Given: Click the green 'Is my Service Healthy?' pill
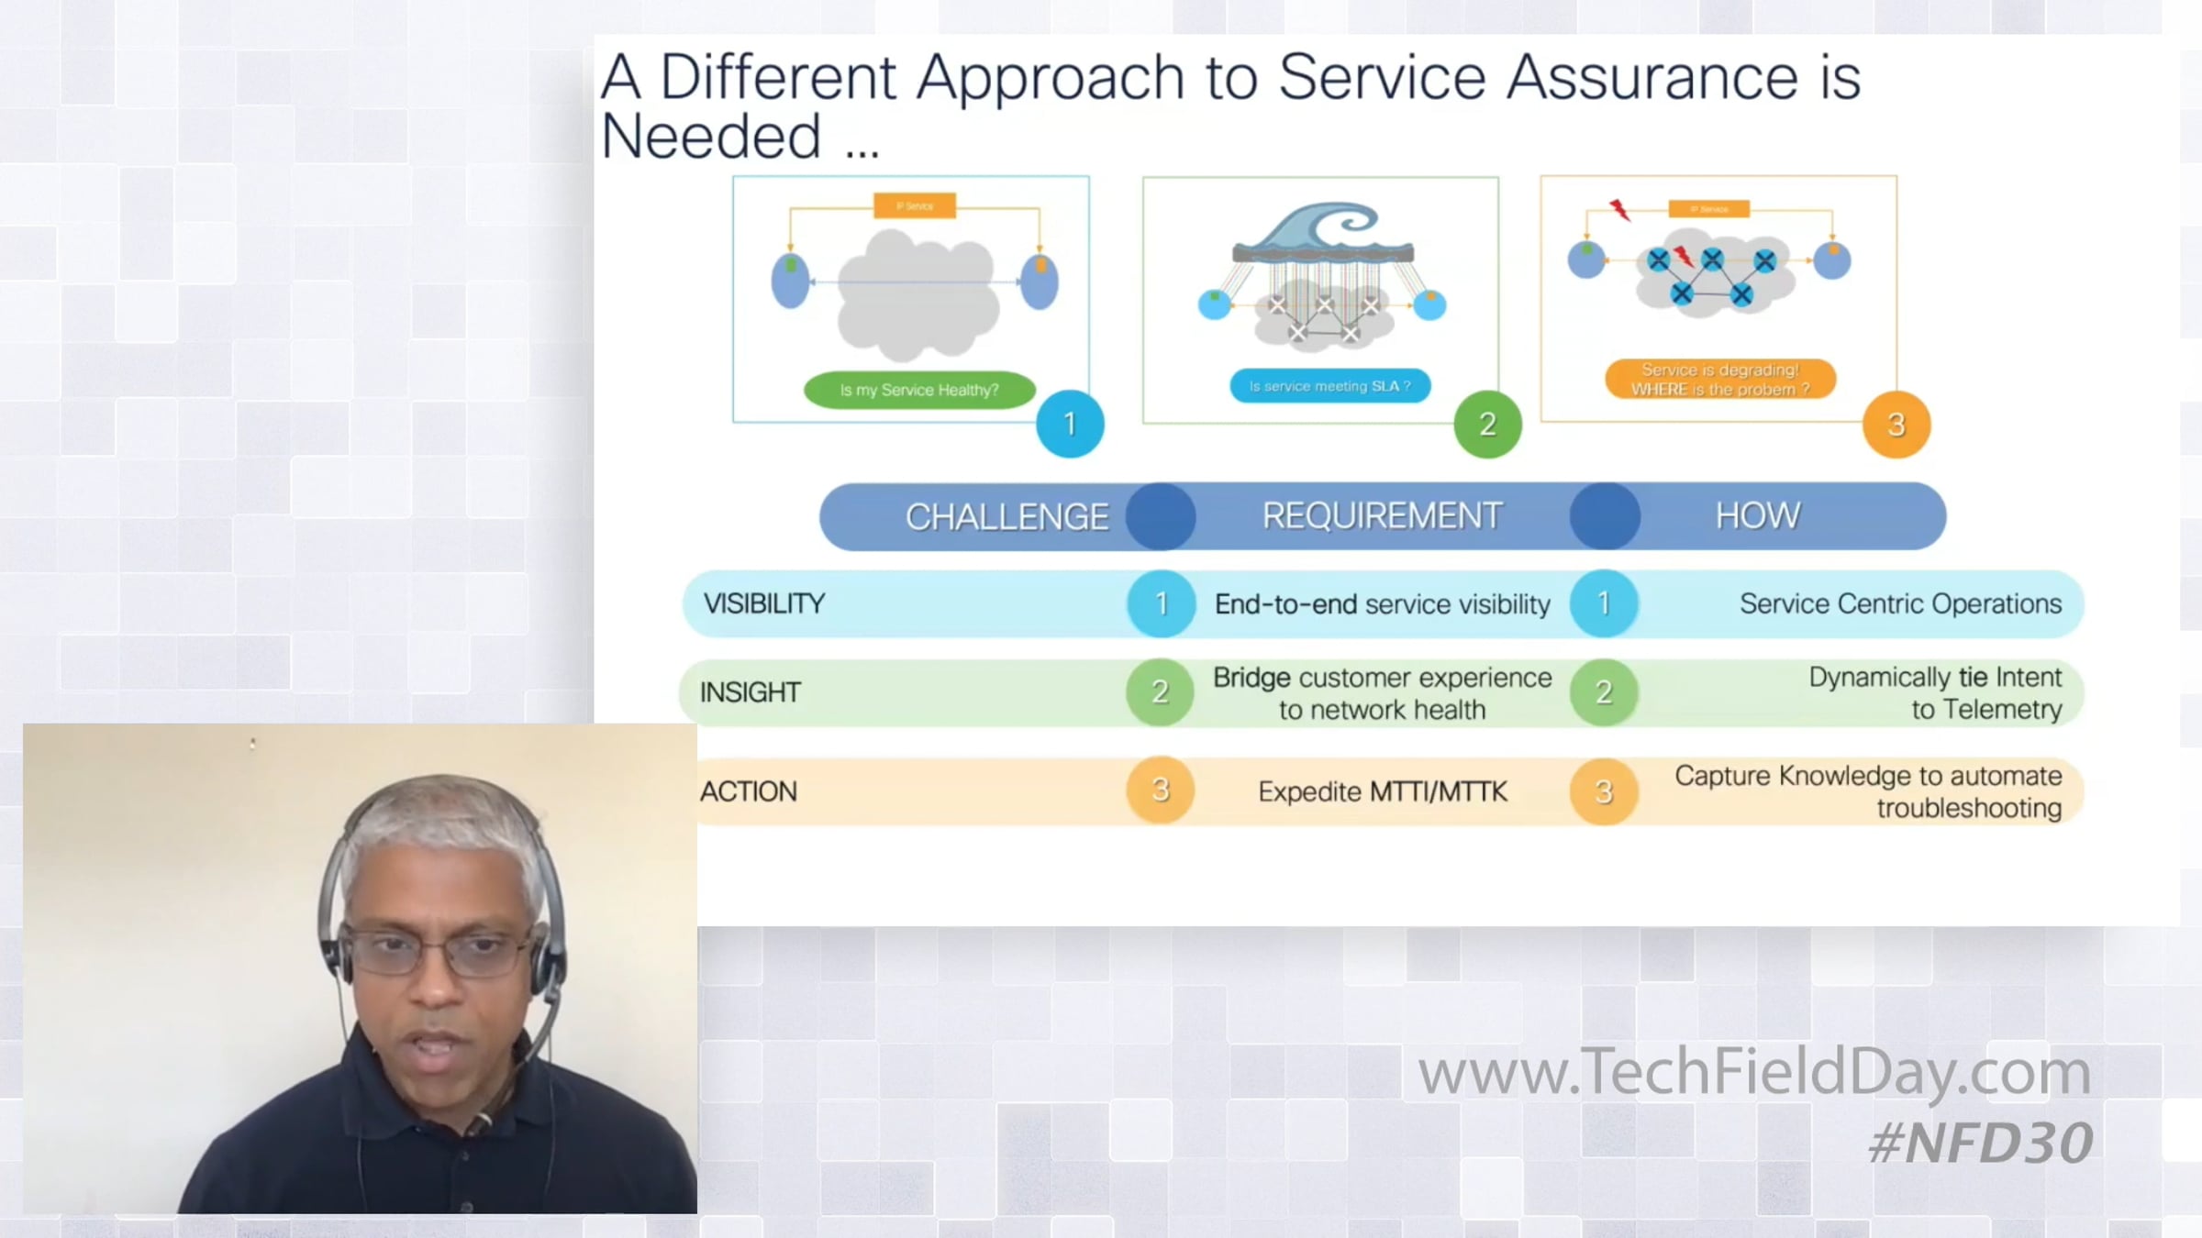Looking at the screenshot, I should [919, 390].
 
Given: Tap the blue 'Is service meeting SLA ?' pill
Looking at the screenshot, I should [1329, 386].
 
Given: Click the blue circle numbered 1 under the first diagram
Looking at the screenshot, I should [1070, 424].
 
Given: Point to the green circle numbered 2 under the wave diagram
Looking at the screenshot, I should [1487, 424].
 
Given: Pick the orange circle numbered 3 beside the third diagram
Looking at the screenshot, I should [1896, 425].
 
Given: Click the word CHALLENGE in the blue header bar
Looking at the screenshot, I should [1006, 517].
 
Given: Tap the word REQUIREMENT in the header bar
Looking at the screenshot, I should [1382, 516].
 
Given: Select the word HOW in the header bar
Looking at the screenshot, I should [1758, 516].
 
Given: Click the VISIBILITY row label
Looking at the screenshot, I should [764, 603].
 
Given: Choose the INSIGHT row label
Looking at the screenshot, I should [750, 692].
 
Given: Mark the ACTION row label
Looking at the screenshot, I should [748, 791].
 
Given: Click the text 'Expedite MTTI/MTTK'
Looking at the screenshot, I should [1382, 791].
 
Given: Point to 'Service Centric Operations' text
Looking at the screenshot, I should [1900, 603].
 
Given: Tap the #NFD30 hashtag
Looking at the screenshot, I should [1980, 1144].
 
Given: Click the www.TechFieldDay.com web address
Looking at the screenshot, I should [1753, 1071].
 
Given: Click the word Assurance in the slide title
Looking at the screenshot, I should [1651, 77].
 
